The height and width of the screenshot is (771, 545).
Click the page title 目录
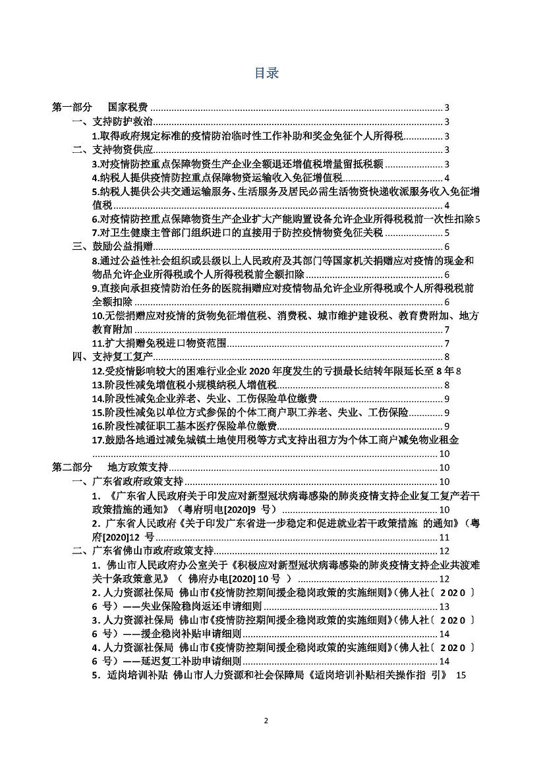pyautogui.click(x=266, y=72)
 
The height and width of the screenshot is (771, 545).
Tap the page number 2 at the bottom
pyautogui.click(x=266, y=739)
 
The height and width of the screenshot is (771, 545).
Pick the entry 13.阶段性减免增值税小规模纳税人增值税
pyautogui.click(x=184, y=385)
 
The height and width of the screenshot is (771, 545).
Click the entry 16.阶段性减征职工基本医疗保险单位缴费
pyautogui.click(x=184, y=426)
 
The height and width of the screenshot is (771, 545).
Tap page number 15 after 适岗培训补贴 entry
pyautogui.click(x=460, y=675)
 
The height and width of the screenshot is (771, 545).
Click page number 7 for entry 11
pyautogui.click(x=447, y=343)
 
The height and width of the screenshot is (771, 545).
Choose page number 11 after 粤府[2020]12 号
pyautogui.click(x=444, y=537)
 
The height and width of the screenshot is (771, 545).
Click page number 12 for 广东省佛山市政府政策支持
pyautogui.click(x=444, y=551)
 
